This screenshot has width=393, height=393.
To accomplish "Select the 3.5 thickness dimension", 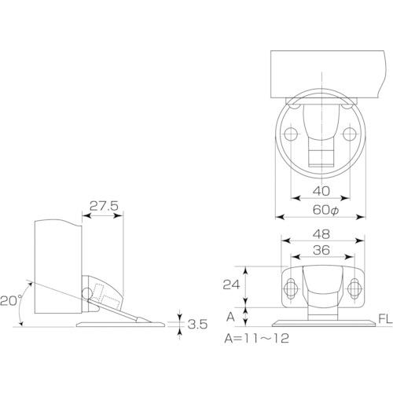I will click(x=198, y=322).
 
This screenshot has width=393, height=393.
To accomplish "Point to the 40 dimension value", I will click(x=321, y=189).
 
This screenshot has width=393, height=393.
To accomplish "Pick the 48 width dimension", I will click(x=322, y=233).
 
